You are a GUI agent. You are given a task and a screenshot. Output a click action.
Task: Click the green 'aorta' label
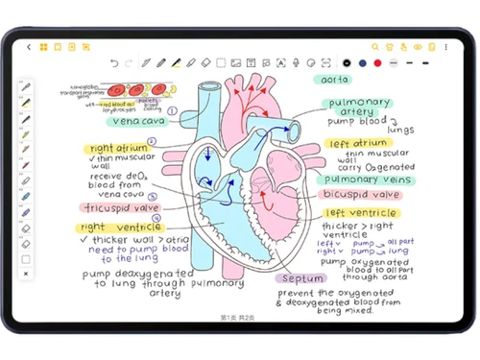pos(335,80)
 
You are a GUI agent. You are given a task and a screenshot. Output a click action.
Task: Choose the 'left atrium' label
pos(355,143)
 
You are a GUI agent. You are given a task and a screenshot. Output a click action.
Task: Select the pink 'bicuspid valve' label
pos(365,195)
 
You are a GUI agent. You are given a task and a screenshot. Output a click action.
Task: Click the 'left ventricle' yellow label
pos(359,213)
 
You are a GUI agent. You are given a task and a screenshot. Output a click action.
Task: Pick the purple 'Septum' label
pos(302,278)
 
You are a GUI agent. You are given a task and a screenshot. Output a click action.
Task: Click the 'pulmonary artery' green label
pos(359,107)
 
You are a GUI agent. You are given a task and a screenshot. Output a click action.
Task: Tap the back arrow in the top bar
pos(30,46)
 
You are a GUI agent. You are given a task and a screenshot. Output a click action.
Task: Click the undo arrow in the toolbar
pos(115,63)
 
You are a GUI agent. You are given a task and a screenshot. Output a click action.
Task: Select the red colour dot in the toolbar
pos(377,63)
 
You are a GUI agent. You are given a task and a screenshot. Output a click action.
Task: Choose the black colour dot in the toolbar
pos(347,63)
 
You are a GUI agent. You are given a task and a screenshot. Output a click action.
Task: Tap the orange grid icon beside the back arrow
pos(44,46)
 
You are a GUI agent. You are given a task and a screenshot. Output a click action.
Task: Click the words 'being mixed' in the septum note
pos(346,311)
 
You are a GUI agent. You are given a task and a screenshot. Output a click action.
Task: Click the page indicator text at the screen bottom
pos(237,317)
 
